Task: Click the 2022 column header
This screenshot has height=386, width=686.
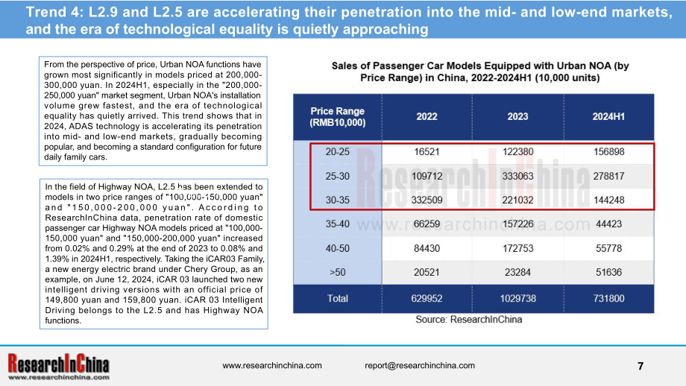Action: tap(427, 117)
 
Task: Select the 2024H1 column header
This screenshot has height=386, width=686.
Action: tap(608, 117)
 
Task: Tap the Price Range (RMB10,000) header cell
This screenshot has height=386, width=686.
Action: tap(337, 117)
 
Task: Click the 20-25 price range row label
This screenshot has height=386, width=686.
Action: tap(337, 152)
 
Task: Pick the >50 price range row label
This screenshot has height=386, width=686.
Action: tap(337, 272)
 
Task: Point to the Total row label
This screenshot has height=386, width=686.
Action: tap(337, 299)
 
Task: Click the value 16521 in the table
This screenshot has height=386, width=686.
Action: tap(427, 152)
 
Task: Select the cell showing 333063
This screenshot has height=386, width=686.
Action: tap(517, 176)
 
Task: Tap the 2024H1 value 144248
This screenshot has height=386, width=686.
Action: tap(608, 200)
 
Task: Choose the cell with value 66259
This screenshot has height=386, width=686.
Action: tap(427, 224)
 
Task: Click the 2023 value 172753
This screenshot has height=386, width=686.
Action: tap(517, 248)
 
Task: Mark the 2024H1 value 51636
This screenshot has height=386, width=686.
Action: tap(608, 272)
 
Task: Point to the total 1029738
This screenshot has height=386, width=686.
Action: tap(517, 299)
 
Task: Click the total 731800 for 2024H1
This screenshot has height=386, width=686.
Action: tap(608, 299)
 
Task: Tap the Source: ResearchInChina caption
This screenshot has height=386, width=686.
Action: tap(468, 320)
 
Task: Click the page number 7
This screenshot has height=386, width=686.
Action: tap(641, 366)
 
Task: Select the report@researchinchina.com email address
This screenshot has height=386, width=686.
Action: tap(420, 365)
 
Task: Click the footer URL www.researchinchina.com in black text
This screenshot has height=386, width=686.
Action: tap(271, 365)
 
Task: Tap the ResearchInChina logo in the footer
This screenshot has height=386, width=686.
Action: tap(59, 367)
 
